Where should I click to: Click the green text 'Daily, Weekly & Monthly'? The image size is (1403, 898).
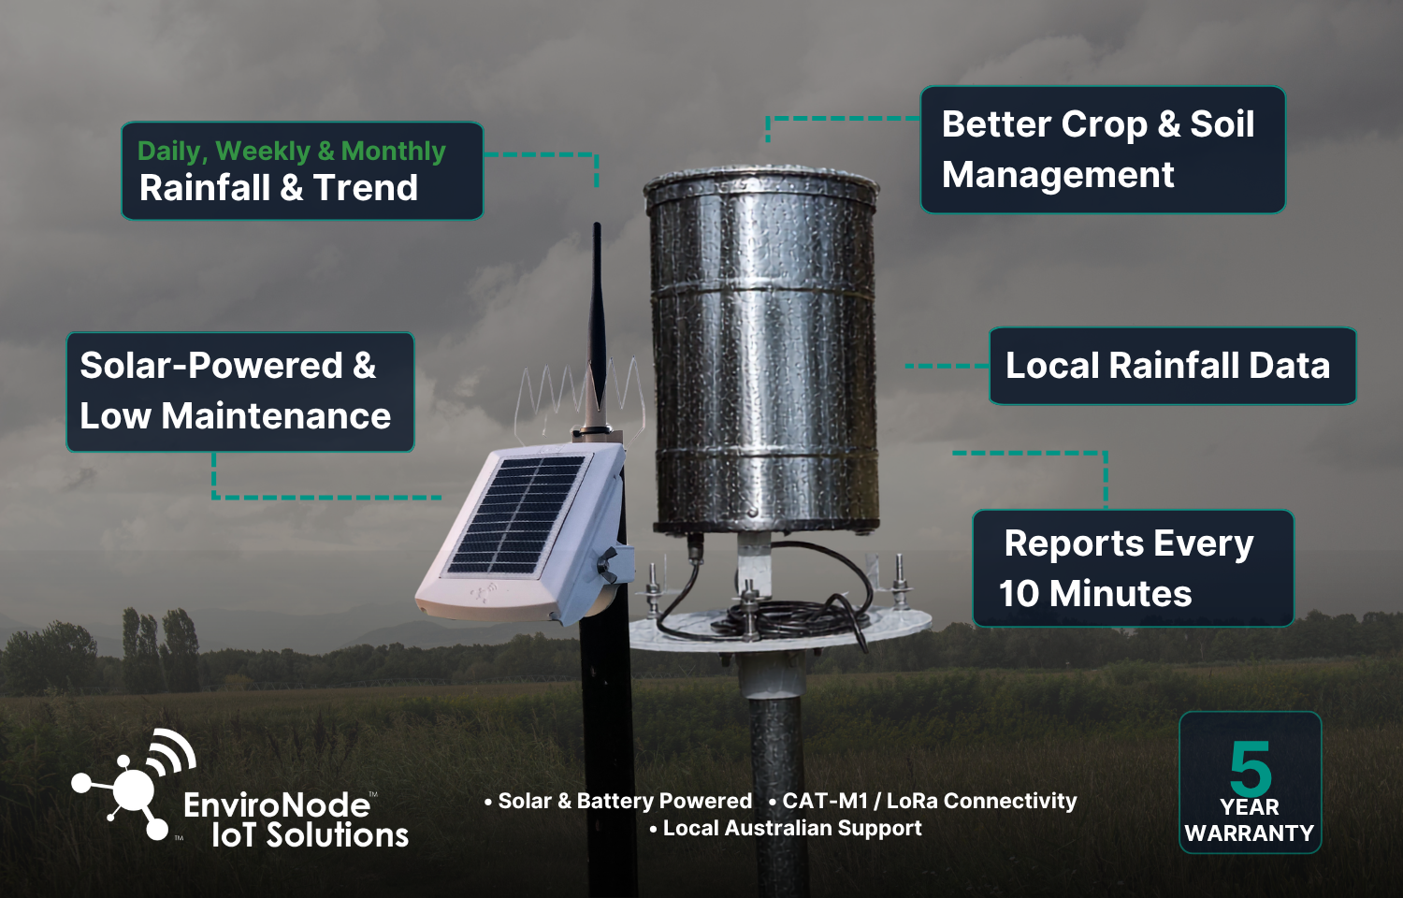pyautogui.click(x=291, y=152)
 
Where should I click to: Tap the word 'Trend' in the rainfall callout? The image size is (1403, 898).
pyautogui.click(x=365, y=187)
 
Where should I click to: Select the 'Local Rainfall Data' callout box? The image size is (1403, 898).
pyautogui.click(x=1173, y=366)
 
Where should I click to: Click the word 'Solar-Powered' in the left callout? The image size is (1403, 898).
pyautogui.click(x=210, y=365)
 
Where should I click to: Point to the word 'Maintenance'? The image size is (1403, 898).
pyautogui.click(x=276, y=416)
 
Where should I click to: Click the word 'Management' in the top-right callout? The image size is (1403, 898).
pyautogui.click(x=1058, y=175)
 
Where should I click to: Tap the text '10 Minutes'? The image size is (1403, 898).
pyautogui.click(x=1095, y=594)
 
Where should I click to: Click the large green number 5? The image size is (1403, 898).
pyautogui.click(x=1251, y=768)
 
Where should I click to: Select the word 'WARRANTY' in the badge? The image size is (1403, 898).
pyautogui.click(x=1249, y=833)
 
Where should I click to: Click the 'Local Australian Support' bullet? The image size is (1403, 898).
pyautogui.click(x=786, y=829)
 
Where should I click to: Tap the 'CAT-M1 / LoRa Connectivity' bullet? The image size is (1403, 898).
pyautogui.click(x=922, y=801)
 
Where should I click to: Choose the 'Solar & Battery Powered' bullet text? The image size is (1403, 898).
pyautogui.click(x=618, y=801)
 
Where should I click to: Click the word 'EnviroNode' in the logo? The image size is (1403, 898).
pyautogui.click(x=276, y=805)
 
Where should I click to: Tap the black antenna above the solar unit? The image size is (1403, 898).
pyautogui.click(x=597, y=326)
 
